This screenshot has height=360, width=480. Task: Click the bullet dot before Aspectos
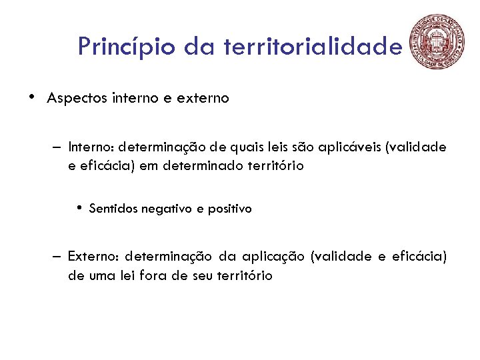coord(32,97)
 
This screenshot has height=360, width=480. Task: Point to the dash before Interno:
coord(59,147)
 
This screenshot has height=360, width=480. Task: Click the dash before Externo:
coord(59,256)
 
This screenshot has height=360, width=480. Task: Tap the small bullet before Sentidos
coord(79,207)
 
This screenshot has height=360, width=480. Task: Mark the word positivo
coord(230,209)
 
